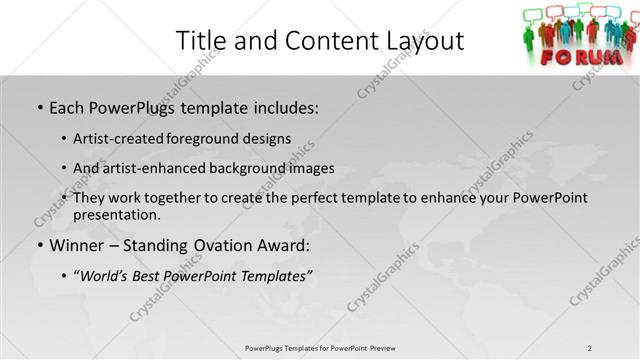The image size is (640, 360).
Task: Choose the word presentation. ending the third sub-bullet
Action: [116, 214]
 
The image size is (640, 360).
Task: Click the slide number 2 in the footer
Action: [590, 347]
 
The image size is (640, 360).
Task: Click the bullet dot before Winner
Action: [39, 245]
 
